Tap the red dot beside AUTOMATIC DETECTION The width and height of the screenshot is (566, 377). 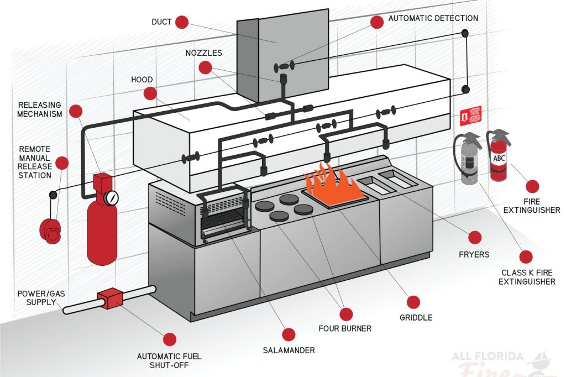377,22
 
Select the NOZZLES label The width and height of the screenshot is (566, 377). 204,53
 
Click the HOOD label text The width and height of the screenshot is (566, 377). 141,80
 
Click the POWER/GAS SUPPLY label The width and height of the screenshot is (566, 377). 41,299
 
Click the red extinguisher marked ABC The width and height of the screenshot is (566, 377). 499,158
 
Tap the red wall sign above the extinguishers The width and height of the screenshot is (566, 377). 470,116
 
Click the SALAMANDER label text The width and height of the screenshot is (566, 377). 288,350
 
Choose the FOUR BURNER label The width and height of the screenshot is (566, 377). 345,328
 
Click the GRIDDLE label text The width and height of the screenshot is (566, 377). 416,317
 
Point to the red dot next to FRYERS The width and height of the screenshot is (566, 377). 474,238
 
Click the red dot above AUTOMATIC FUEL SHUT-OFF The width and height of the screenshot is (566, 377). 170,339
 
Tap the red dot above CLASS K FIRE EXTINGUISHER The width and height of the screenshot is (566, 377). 526,256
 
